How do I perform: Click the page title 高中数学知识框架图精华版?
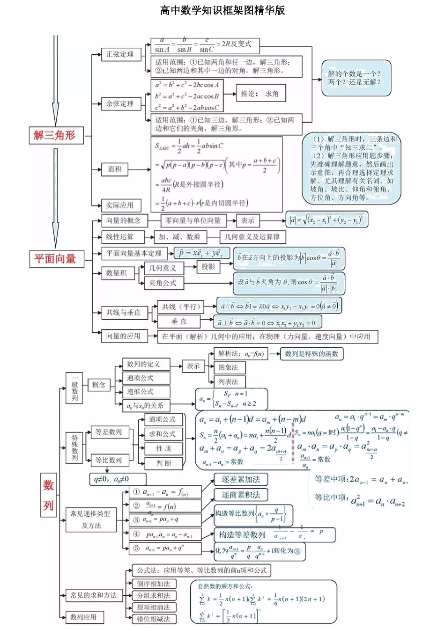point(222,10)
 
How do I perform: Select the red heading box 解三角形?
point(55,135)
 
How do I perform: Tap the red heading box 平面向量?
point(55,258)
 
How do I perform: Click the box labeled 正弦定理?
point(120,55)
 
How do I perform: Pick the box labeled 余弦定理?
point(120,103)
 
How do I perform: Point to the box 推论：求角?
point(260,94)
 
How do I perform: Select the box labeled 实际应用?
point(120,205)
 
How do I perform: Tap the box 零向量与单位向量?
point(193,220)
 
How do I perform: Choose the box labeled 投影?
point(208,267)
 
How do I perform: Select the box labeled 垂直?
point(179,322)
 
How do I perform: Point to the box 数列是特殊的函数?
point(311,354)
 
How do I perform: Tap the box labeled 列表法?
point(229,381)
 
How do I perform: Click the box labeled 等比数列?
point(109,460)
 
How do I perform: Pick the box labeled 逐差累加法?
point(241,479)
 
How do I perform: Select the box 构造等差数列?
point(242,534)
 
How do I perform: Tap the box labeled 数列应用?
point(83,617)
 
